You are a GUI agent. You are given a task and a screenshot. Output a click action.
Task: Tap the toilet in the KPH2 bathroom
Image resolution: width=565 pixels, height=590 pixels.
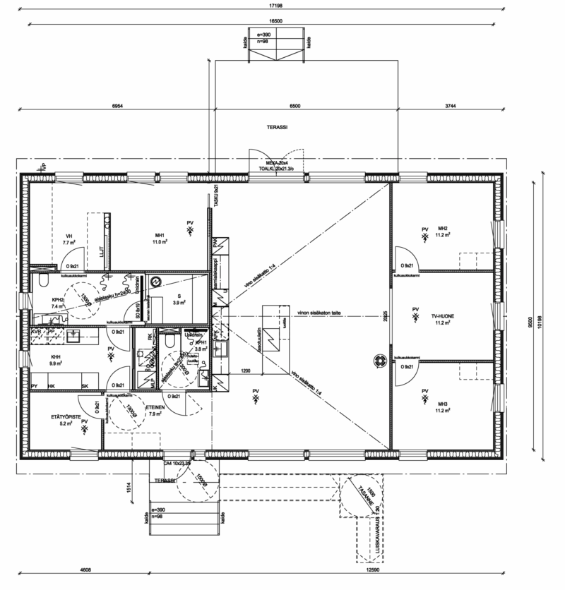42,284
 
